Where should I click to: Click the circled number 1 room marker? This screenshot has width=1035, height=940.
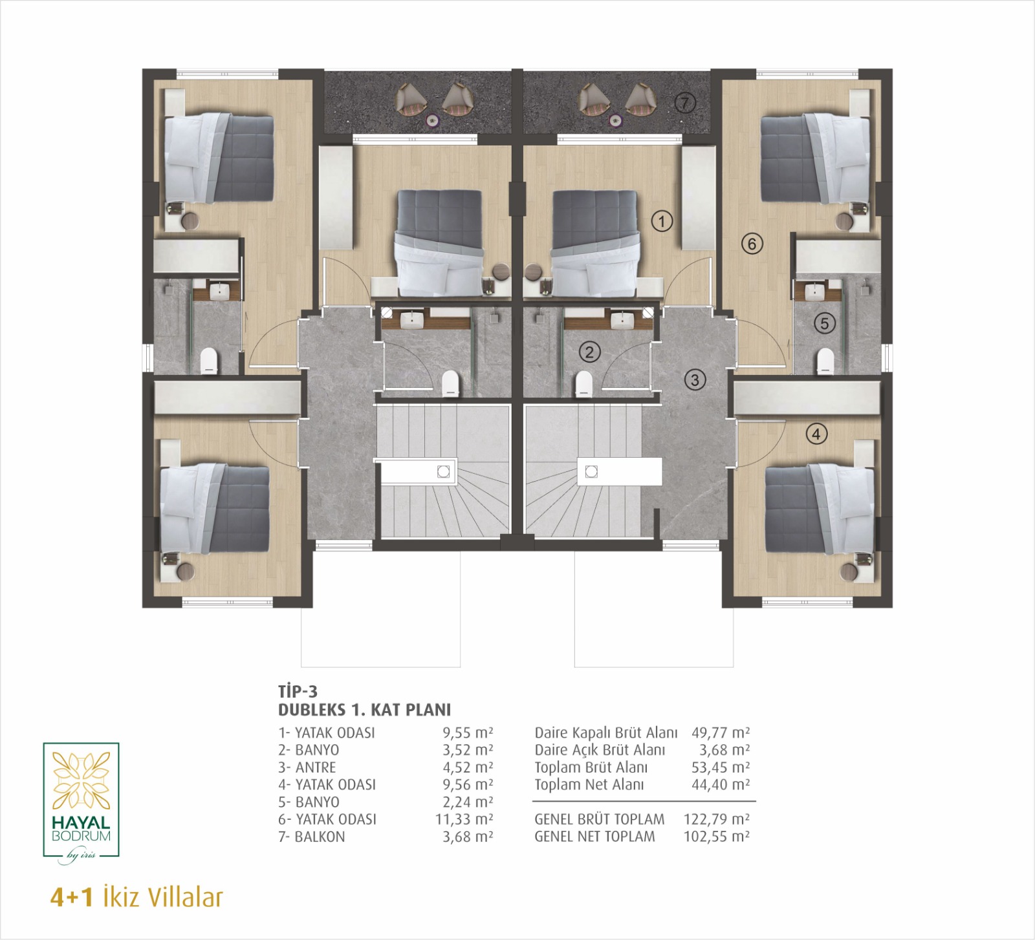(661, 221)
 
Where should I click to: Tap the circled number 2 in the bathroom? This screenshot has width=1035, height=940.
(589, 352)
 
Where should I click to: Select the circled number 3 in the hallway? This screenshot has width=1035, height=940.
(695, 379)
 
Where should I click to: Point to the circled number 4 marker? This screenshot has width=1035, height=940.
(816, 434)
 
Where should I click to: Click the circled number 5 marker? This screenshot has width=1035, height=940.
(824, 323)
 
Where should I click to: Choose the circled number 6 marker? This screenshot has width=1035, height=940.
(752, 244)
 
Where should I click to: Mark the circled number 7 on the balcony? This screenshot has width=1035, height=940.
(686, 103)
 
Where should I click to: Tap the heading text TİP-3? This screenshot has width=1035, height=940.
(298, 692)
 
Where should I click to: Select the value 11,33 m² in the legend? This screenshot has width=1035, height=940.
(464, 819)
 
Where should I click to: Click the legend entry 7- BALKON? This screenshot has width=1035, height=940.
(311, 837)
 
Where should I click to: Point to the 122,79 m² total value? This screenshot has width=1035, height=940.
(717, 819)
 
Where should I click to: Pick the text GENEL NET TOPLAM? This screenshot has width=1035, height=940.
(594, 837)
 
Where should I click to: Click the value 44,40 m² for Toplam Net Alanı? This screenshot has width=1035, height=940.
(721, 784)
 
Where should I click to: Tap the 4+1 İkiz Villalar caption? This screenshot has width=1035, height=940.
(136, 897)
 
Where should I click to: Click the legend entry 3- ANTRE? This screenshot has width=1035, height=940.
(307, 767)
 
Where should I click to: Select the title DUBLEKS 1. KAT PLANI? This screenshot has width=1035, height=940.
(364, 710)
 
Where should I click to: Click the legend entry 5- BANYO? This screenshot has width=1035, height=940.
(309, 802)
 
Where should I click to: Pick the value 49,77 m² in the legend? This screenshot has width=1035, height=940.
(721, 732)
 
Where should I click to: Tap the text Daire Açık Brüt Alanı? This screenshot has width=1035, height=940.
(600, 750)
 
